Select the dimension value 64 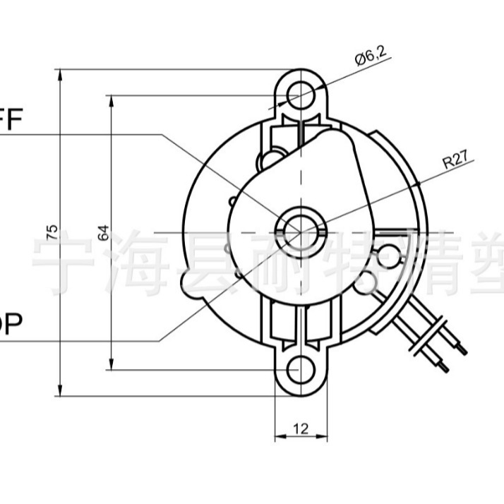pyautogui.click(x=104, y=232)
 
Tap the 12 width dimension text pyautogui.click(x=300, y=428)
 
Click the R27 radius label pyautogui.click(x=456, y=160)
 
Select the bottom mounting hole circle pyautogui.click(x=301, y=368)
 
